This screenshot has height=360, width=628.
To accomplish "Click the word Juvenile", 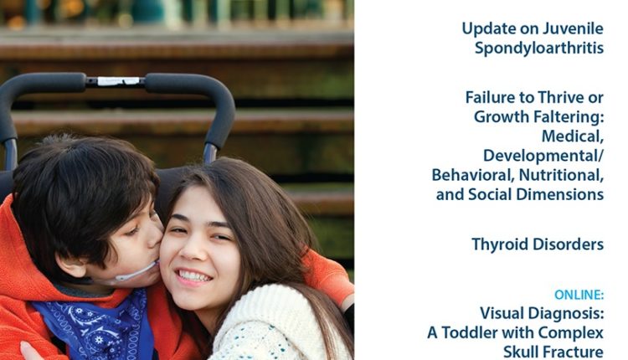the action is (x=573, y=28).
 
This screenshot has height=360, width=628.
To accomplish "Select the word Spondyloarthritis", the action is (x=539, y=49).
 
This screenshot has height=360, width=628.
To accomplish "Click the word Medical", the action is (x=573, y=136).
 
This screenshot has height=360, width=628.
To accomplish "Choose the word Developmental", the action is (x=541, y=156).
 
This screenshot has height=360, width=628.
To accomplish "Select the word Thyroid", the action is (x=499, y=244).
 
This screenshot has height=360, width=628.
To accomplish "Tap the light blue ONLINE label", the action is (x=579, y=296).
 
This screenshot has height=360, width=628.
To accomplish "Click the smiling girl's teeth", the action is (x=194, y=276).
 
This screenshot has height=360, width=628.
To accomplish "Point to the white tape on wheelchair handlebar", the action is (x=119, y=81).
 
